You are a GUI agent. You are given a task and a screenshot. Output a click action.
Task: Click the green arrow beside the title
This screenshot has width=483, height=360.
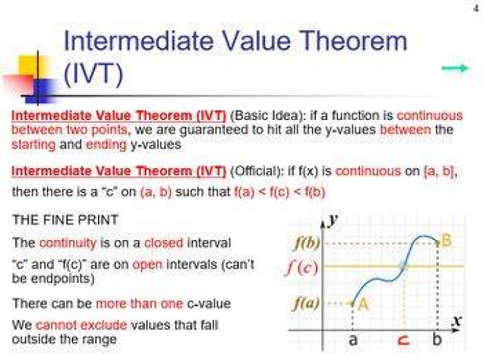pyautogui.click(x=455, y=68)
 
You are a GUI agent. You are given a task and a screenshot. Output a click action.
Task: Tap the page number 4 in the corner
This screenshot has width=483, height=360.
pyautogui.click(x=477, y=9)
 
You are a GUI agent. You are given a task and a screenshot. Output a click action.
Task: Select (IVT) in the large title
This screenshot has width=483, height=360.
pyautogui.click(x=93, y=74)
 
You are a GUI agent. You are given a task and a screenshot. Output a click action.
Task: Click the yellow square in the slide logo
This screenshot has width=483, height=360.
pyautogui.click(x=30, y=65)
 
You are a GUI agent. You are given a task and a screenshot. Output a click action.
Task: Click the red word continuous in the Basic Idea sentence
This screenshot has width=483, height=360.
pyautogui.click(x=430, y=115)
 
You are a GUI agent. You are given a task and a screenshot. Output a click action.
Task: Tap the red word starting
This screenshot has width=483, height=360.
pyautogui.click(x=34, y=144)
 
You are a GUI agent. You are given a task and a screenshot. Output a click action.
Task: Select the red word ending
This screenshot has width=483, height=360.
pyautogui.click(x=106, y=144)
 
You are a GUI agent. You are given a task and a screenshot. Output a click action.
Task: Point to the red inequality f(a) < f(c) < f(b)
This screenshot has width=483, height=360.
pyautogui.click(x=280, y=192)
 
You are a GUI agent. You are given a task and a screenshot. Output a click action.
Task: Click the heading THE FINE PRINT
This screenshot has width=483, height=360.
pyautogui.click(x=65, y=220)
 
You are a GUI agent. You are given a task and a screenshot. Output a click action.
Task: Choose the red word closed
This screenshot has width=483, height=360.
pyautogui.click(x=164, y=243)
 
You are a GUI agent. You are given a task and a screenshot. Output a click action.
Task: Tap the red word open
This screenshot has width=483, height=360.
pyautogui.click(x=147, y=265)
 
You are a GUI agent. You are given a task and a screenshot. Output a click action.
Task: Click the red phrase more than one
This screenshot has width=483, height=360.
pyautogui.click(x=140, y=304)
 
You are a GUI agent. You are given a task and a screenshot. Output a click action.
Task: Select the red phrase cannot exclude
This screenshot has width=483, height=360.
pyautogui.click(x=81, y=325)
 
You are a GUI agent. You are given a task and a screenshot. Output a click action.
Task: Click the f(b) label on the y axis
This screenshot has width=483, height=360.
pyautogui.click(x=307, y=243)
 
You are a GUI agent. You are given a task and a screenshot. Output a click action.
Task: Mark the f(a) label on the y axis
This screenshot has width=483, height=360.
pyautogui.click(x=306, y=303)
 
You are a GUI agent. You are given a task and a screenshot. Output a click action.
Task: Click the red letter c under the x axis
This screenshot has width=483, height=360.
pyautogui.click(x=404, y=340)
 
